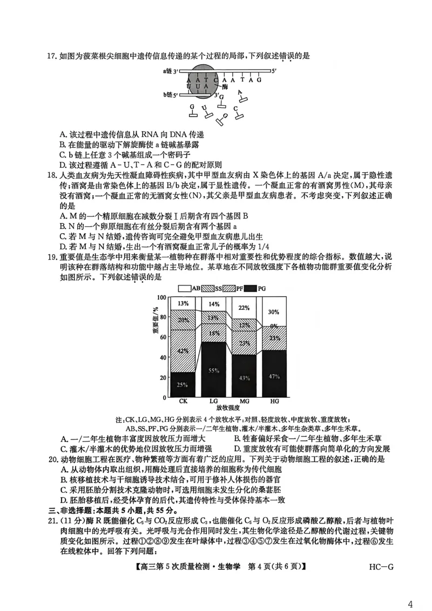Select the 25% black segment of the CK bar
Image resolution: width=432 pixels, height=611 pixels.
pos(183,384)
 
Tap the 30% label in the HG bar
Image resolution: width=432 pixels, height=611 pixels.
pos(274,312)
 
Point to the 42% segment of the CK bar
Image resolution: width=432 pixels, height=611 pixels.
pos(183,351)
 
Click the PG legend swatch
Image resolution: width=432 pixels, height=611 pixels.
pos(249,289)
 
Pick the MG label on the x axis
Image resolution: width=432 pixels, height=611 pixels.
pos(244,402)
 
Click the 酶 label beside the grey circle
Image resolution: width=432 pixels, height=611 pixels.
pos(225,86)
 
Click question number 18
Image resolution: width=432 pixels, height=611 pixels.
pos(52,175)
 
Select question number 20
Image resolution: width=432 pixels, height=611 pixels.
pos(52,459)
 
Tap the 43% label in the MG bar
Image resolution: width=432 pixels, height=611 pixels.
pos(244,378)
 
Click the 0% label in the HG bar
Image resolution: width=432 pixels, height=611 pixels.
pos(274,326)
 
